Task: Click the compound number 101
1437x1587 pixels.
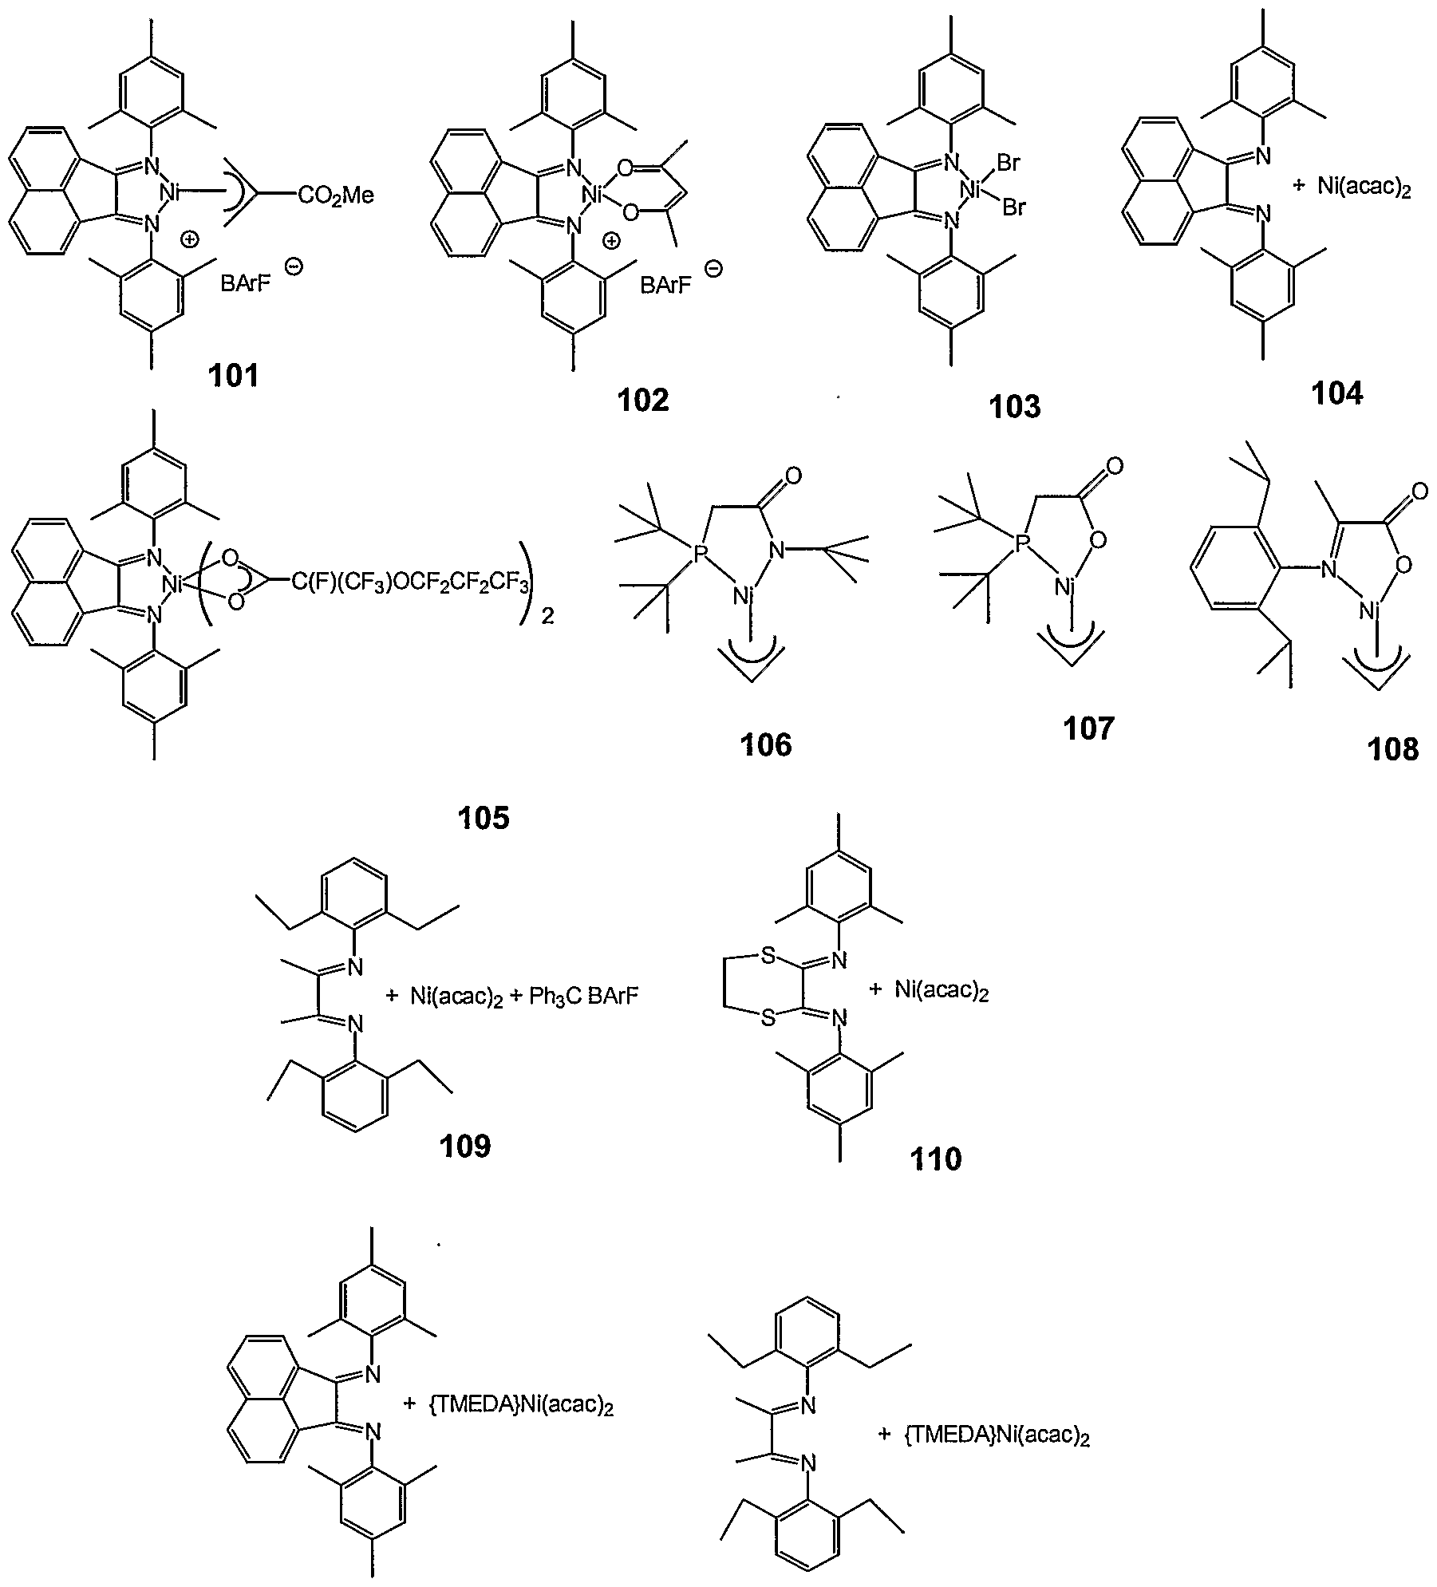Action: (234, 375)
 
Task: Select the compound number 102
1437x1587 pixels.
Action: (643, 399)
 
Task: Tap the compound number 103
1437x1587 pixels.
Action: (1015, 406)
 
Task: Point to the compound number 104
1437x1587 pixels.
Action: (1337, 393)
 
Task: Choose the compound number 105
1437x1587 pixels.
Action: (484, 817)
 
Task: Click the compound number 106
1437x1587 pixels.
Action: (766, 744)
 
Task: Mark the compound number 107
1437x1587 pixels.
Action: (1088, 728)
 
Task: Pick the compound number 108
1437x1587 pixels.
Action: (1393, 748)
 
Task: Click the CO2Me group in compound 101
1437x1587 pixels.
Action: (336, 195)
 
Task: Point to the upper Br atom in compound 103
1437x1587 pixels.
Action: (1008, 164)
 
